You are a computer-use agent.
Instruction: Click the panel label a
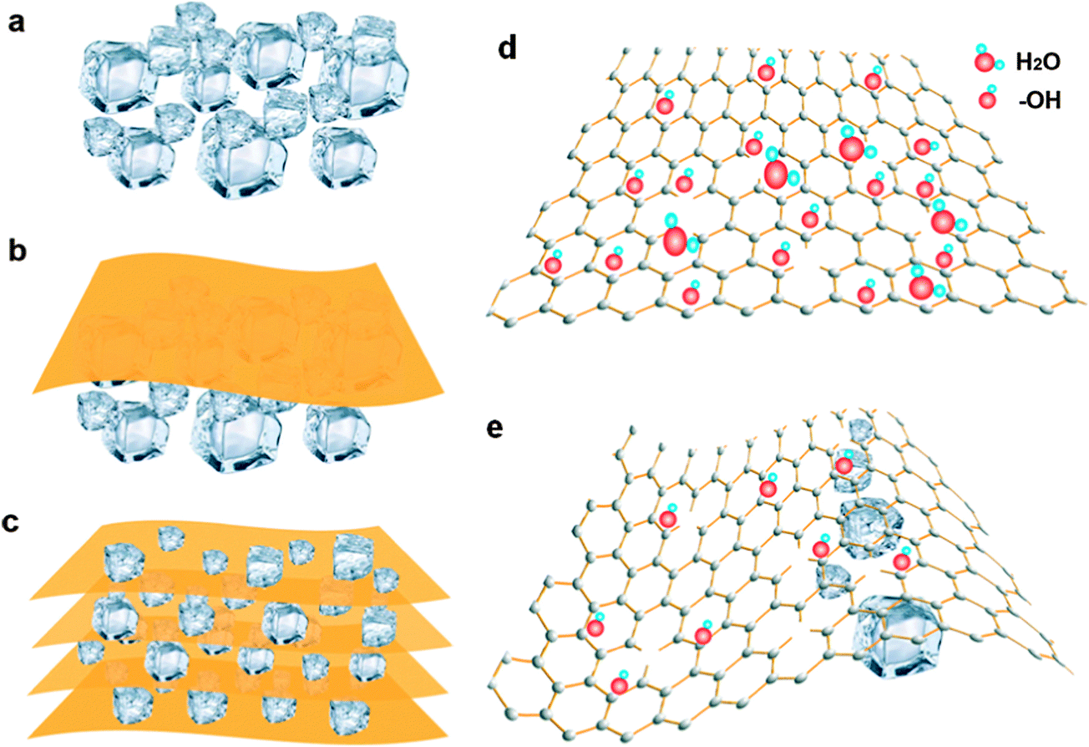[16, 23]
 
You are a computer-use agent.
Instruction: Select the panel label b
[16, 252]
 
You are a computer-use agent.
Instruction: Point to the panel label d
[508, 48]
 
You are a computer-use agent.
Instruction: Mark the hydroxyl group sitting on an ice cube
[845, 465]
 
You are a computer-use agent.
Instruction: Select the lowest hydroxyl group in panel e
[619, 685]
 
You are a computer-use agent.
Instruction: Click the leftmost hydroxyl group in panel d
[553, 265]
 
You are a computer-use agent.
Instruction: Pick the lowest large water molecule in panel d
[921, 287]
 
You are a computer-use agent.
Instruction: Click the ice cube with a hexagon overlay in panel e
[870, 527]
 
